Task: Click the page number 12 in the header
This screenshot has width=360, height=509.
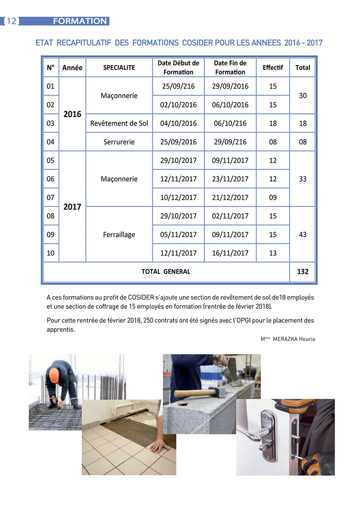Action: click(11, 21)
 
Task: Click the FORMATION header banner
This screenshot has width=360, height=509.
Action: click(80, 21)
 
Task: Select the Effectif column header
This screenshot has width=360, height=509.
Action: click(273, 67)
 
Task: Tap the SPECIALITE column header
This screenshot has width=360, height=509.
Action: click(119, 67)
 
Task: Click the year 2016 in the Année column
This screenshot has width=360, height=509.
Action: click(72, 114)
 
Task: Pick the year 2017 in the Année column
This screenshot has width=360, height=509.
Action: click(72, 207)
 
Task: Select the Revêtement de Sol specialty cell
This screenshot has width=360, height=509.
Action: click(119, 123)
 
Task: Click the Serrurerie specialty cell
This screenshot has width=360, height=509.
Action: click(119, 142)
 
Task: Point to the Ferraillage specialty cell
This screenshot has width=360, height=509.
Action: click(119, 234)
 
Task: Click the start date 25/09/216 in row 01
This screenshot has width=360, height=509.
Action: click(178, 86)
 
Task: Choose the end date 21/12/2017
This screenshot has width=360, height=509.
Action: click(230, 197)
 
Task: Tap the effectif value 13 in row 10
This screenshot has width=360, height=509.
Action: click(273, 253)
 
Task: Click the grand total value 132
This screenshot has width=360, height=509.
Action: click(303, 271)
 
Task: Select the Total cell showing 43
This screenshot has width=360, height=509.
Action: click(303, 234)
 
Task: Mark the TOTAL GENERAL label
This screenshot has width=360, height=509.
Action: click(166, 271)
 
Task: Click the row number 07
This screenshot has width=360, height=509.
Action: click(51, 197)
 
